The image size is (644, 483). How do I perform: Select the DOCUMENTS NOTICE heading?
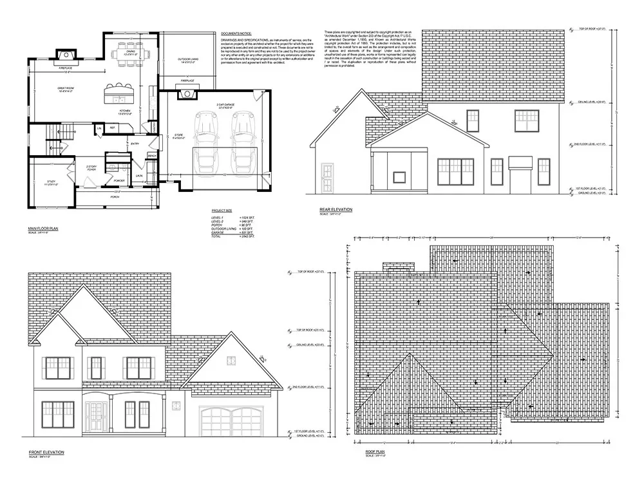(236, 32)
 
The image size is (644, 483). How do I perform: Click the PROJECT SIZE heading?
(222, 211)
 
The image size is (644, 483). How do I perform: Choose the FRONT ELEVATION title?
(46, 453)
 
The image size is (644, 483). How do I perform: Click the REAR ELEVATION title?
(336, 209)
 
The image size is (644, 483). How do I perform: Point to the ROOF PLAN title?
(375, 453)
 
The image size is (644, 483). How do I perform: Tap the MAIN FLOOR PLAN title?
(44, 228)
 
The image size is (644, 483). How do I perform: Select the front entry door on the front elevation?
(97, 417)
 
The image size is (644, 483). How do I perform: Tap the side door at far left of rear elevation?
(327, 177)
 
